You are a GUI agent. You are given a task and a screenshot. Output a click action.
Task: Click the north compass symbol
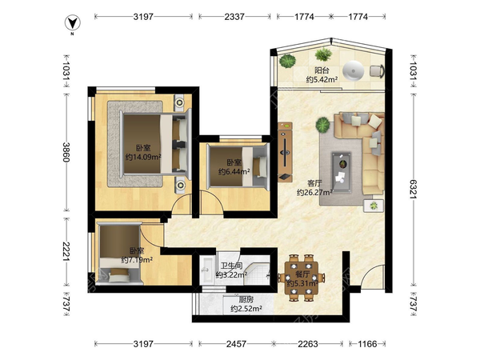pyautogui.click(x=73, y=24)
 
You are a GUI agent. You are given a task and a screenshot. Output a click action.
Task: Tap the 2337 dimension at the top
pyautogui.click(x=234, y=17)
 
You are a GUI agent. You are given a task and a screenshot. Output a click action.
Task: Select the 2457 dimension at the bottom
pyautogui.click(x=236, y=344)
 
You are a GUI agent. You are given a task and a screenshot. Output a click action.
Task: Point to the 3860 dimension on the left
pyautogui.click(x=66, y=152)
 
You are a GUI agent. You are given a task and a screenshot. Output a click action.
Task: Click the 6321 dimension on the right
pyautogui.click(x=414, y=189)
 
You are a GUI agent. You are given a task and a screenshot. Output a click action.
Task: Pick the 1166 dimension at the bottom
pyautogui.click(x=367, y=344)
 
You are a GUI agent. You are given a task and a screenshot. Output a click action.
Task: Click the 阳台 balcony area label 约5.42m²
pyautogui.click(x=322, y=79)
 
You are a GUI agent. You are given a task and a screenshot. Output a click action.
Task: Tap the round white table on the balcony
pyautogui.click(x=354, y=71)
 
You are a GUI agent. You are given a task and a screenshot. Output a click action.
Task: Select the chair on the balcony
pyautogui.click(x=377, y=71)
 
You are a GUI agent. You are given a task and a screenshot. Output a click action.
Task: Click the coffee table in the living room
pyautogui.click(x=342, y=172)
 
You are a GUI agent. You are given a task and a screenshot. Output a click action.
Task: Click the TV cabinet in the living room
pyautogui.click(x=285, y=152)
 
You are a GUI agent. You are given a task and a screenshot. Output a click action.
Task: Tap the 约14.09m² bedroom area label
pyautogui.click(x=143, y=158)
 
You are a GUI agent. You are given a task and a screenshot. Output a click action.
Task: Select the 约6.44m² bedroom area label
pyautogui.click(x=234, y=171)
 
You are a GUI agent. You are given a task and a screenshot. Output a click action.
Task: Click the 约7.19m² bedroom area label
pyautogui.click(x=137, y=260)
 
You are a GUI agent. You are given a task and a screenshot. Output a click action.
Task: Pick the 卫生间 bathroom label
pyautogui.click(x=231, y=266)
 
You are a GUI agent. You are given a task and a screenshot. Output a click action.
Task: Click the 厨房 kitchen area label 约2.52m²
pyautogui.click(x=246, y=309)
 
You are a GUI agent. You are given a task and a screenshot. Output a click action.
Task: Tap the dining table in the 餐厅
pyautogui.click(x=302, y=278)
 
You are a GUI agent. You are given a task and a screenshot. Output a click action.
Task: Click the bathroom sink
pyautogui.click(x=206, y=270)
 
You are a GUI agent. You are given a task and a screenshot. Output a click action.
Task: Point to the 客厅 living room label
pyautogui.click(x=314, y=183)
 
